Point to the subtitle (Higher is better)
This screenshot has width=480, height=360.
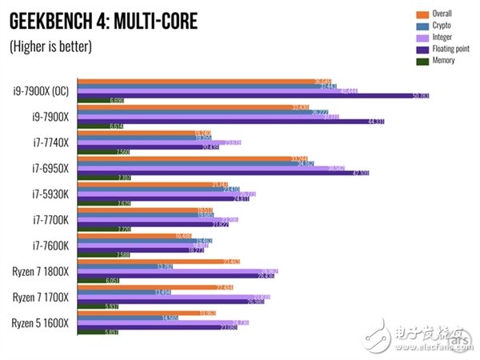(50, 46)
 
